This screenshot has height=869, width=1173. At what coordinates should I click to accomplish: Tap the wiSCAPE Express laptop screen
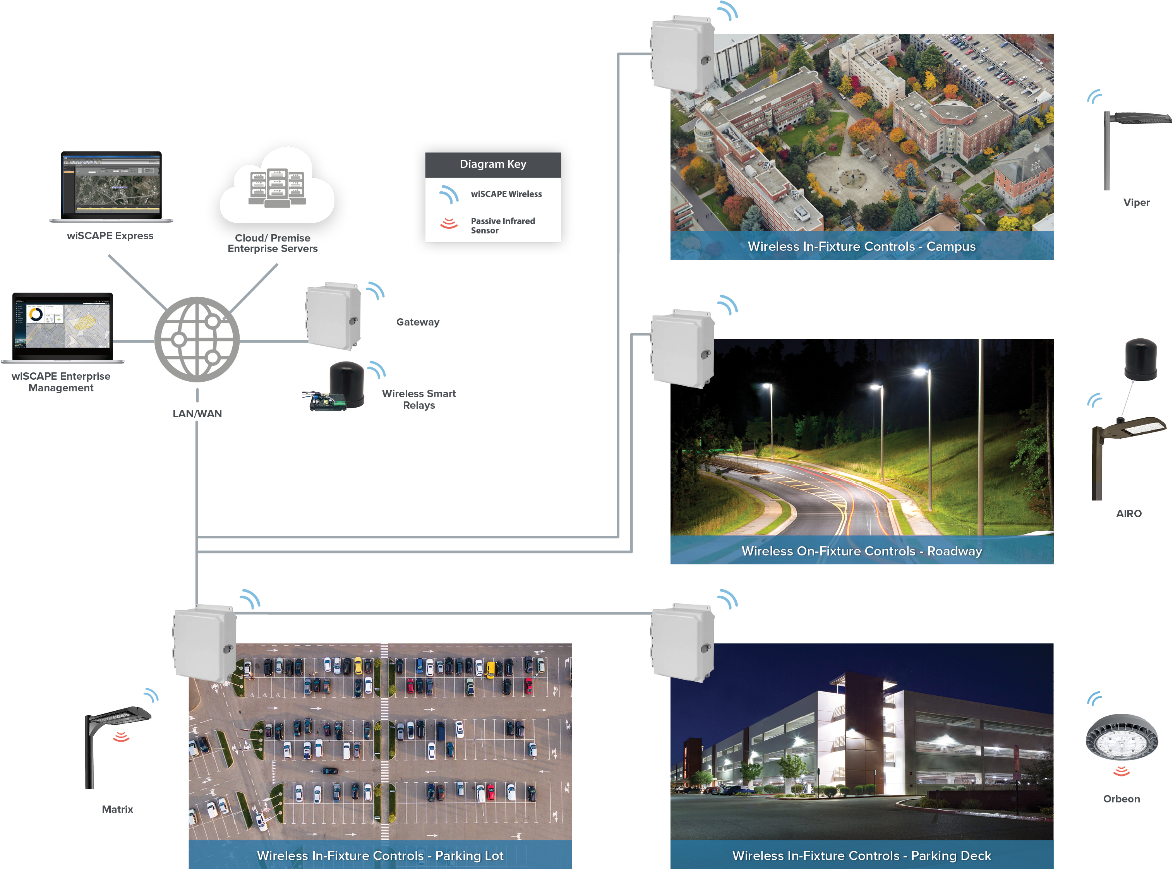pyautogui.click(x=111, y=185)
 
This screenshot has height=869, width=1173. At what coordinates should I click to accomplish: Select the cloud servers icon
pyautogui.click(x=277, y=185)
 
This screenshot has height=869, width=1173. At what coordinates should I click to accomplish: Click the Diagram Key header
pyautogui.click(x=493, y=165)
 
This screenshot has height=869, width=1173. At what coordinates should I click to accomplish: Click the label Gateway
pyautogui.click(x=418, y=322)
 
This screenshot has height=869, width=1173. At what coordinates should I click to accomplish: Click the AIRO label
pyautogui.click(x=1129, y=513)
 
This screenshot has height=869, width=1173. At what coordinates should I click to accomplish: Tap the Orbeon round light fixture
pyautogui.click(x=1122, y=737)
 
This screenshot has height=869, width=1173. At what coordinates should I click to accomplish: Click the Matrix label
pyautogui.click(x=117, y=809)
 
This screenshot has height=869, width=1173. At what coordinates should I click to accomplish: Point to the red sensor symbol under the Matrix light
pyautogui.click(x=121, y=737)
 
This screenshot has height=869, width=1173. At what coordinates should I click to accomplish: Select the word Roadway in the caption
pyautogui.click(x=954, y=551)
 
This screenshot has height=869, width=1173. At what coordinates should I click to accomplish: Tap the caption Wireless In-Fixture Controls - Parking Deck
pyautogui.click(x=862, y=856)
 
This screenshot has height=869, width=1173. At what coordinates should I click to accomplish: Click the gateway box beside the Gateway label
pyautogui.click(x=333, y=316)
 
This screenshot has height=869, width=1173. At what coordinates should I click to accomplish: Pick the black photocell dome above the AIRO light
pyautogui.click(x=1140, y=359)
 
